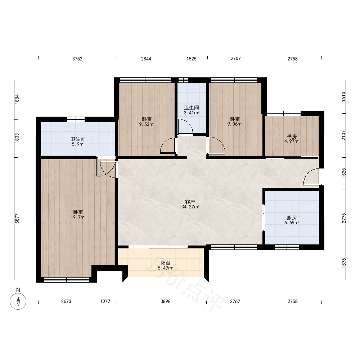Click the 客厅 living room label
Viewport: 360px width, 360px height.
pos(190,202)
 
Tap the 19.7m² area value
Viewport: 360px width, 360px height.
pos(78,217)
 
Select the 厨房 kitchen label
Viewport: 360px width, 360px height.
pos(292,218)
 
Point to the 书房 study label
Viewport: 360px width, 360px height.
pos(292,136)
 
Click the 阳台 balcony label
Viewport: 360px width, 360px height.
pos(165,263)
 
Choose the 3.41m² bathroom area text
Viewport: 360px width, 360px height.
pos(191,113)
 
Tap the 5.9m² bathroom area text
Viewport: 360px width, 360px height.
pos(78,144)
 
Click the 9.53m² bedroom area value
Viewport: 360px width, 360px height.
pos(147,124)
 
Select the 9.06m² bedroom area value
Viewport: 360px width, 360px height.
pos(235,124)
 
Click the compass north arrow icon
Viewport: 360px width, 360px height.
pos(18,301)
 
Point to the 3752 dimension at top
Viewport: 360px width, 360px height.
pos(77,59)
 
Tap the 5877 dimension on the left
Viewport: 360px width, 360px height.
pos(17,219)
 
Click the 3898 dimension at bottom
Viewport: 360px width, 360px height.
pos(166,301)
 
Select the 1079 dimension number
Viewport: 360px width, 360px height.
pos(105,301)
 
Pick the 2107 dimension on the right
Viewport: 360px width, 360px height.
pos(343,135)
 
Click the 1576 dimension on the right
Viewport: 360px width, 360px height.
pos(343,263)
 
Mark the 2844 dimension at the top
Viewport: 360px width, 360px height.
pos(146,59)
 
